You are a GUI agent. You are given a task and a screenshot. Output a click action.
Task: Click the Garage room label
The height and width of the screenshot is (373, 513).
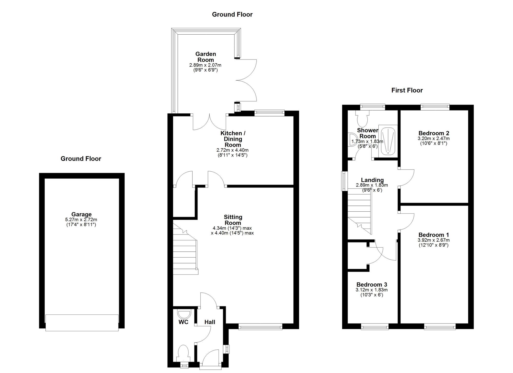tap(81, 214)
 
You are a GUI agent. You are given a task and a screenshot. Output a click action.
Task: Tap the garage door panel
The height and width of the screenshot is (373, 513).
tap(82, 323)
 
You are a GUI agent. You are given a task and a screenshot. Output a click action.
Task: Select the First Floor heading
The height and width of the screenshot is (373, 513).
tap(407, 90)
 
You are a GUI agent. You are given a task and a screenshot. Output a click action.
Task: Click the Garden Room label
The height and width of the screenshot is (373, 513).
tap(206, 57)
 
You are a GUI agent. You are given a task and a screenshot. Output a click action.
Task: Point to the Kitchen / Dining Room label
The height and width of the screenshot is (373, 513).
tap(233, 139)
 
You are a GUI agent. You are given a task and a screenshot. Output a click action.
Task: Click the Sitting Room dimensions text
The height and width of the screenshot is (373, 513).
tap(232, 231)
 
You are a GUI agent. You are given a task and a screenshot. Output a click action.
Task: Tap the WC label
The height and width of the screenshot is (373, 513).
tap(183, 322)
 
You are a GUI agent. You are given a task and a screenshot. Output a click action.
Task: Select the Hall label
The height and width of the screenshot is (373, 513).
tap(210, 322)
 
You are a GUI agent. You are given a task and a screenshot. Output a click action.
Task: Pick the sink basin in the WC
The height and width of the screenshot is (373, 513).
tap(184, 314)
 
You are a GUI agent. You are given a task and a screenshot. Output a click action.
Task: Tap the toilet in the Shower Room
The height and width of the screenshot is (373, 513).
tap(362, 118)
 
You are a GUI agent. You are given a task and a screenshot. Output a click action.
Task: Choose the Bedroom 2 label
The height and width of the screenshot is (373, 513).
tap(434, 133)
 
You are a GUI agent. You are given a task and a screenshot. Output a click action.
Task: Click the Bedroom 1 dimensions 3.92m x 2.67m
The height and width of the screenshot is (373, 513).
tap(433, 240)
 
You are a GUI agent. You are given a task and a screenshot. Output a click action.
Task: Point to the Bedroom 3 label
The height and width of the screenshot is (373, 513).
tap(372, 284)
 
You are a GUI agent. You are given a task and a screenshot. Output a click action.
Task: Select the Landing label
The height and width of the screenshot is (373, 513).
tap(372, 180)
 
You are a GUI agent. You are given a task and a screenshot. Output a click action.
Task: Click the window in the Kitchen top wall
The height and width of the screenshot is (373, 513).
tap(269, 113)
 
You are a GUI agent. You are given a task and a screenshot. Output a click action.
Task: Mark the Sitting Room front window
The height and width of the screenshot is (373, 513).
tap(260, 326)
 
